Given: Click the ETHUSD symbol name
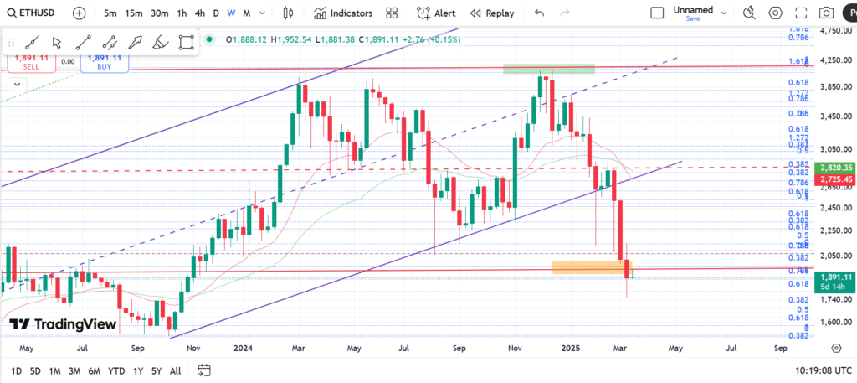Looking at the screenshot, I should pos(34,13).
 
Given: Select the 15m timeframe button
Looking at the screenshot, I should pos(133,13).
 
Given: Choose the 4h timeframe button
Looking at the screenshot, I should pos(199,13).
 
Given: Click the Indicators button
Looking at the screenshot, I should pos(343,13).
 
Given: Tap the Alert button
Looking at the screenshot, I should pos(436,13).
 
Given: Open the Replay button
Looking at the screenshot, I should pos(492,13).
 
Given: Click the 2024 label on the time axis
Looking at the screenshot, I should pos(244,346).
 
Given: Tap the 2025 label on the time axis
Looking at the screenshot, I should pos(571,346).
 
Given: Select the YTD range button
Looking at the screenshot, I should pos(116,370).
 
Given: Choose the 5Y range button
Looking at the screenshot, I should pos(157,370).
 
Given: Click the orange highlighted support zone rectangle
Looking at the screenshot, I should pos(590,267).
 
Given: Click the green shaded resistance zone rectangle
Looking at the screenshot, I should pos(548,68).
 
